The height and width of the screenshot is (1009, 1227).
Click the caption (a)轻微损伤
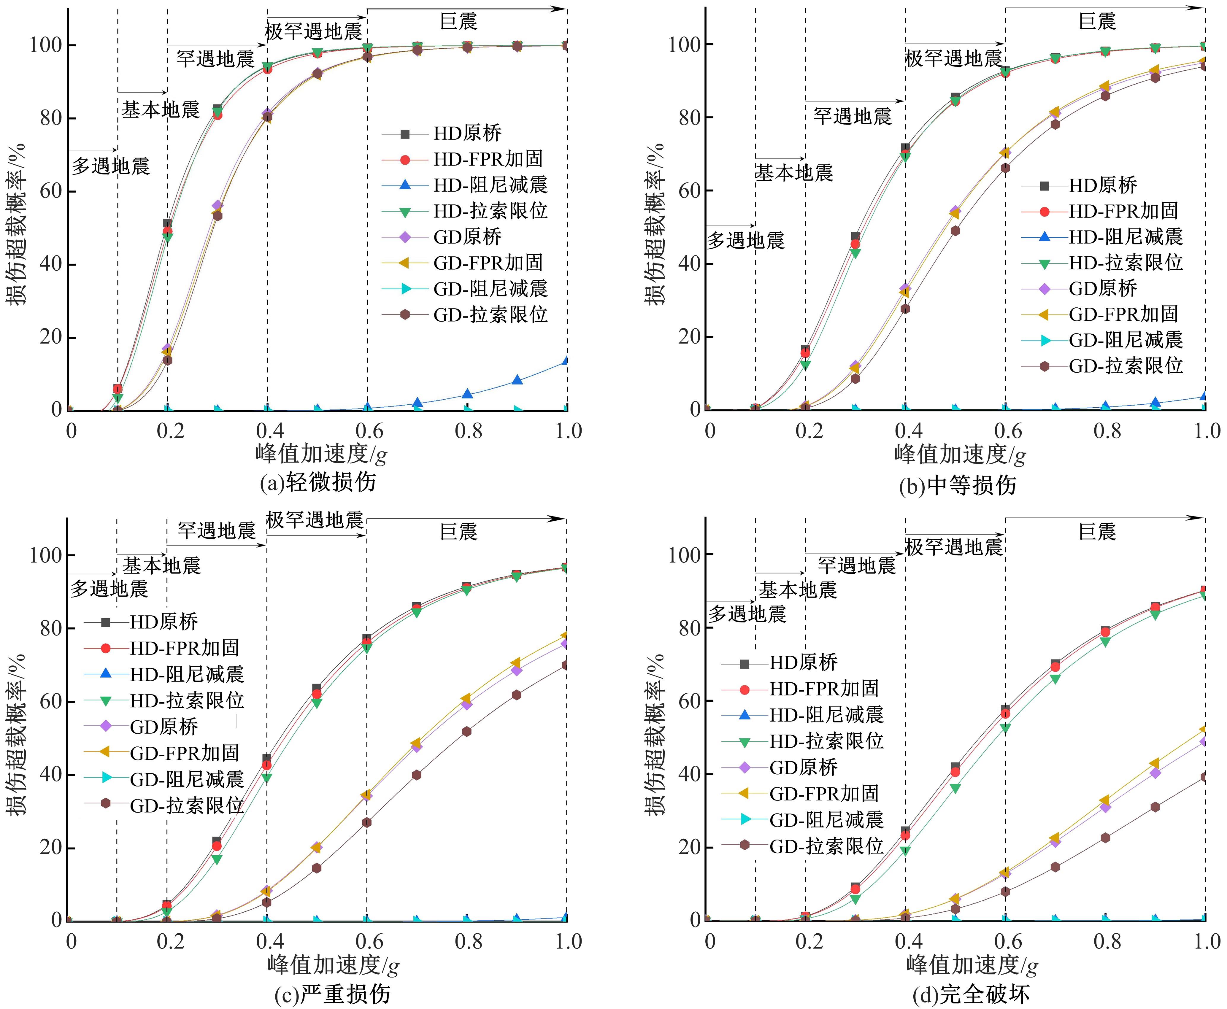pyautogui.click(x=317, y=482)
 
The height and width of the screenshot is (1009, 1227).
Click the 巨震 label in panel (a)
pyautogui.click(x=458, y=21)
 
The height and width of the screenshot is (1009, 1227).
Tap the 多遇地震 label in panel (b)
pyautogui.click(x=746, y=240)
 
